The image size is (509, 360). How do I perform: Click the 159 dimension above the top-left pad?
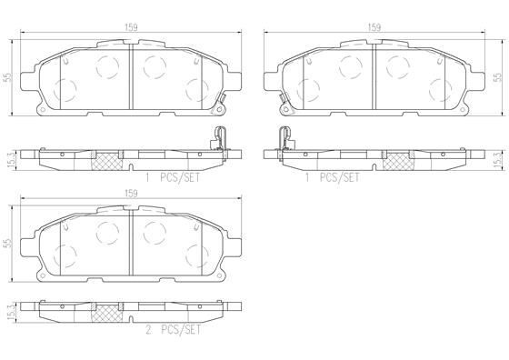[131, 27]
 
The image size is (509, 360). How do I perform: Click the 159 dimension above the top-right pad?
[374, 27]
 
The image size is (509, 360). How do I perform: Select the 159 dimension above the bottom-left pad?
[131, 194]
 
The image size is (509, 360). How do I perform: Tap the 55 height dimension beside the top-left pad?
[7, 77]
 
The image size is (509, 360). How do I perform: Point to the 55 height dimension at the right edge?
[497, 77]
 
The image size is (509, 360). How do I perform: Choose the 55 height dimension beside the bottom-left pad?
[7, 244]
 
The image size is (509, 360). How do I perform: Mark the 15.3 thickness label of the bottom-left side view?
[8, 312]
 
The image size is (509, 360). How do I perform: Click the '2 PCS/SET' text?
[173, 330]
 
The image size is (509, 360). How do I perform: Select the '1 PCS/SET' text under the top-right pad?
[332, 177]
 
